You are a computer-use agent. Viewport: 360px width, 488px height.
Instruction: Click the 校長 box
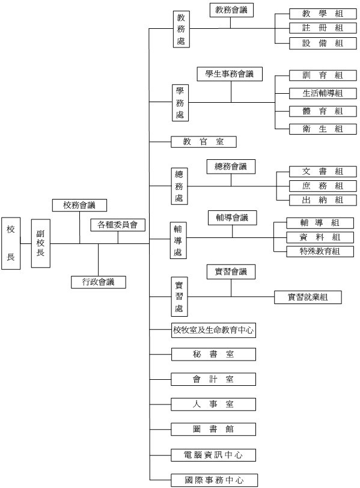pyautogui.click(x=11, y=243)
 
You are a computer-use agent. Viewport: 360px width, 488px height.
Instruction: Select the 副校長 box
pyautogui.click(x=41, y=243)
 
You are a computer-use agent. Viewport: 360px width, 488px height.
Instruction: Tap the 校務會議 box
pyautogui.click(x=80, y=206)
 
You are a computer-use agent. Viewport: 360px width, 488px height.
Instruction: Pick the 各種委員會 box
pyautogui.click(x=118, y=225)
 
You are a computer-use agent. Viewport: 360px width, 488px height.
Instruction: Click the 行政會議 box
pyautogui.click(x=99, y=282)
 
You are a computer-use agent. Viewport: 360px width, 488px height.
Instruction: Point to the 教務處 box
pyautogui.click(x=182, y=29)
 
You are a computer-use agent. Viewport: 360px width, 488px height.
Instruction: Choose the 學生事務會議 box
pyautogui.click(x=230, y=74)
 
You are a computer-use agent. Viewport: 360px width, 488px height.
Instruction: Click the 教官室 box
pyautogui.click(x=204, y=142)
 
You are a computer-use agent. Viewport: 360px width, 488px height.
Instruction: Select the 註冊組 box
pyautogui.click(x=323, y=28)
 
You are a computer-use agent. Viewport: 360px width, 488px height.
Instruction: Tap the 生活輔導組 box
pyautogui.click(x=323, y=93)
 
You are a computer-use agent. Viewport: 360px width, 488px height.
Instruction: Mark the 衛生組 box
pyautogui.click(x=323, y=129)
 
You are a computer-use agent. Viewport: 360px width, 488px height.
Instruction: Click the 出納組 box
pyautogui.click(x=323, y=200)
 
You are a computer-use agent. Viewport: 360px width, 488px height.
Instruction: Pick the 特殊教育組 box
pyautogui.click(x=320, y=251)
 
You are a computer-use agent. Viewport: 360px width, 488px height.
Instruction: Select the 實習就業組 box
pyautogui.click(x=308, y=297)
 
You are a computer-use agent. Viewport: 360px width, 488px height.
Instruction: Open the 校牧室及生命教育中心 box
pyautogui.click(x=213, y=330)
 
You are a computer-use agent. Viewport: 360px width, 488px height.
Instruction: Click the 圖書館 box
pyautogui.click(x=213, y=429)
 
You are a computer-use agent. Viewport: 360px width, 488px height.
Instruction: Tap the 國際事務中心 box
pyautogui.click(x=215, y=480)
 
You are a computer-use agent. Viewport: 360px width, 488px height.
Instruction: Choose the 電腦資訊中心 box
pyautogui.click(x=213, y=455)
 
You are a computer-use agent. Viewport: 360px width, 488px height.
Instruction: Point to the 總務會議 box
pyautogui.click(x=231, y=166)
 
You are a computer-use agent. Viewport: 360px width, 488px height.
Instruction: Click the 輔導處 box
pyautogui.click(x=178, y=240)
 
